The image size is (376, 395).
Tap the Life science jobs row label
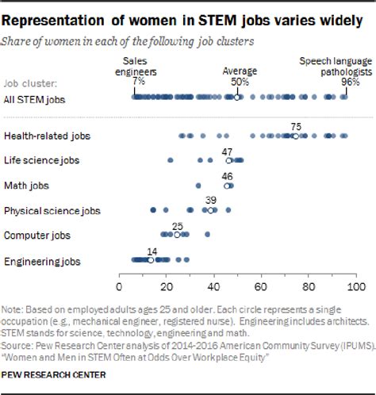pos(40,161)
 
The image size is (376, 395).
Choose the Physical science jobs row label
pos(52,211)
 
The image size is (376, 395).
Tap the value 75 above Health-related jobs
pos(296,125)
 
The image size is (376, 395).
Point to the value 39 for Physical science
pos(210,200)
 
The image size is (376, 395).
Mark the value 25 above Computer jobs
pos(177,225)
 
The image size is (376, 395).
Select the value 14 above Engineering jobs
pos(151,250)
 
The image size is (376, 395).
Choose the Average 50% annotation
pos(236,75)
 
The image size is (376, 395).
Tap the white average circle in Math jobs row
pos(228,186)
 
